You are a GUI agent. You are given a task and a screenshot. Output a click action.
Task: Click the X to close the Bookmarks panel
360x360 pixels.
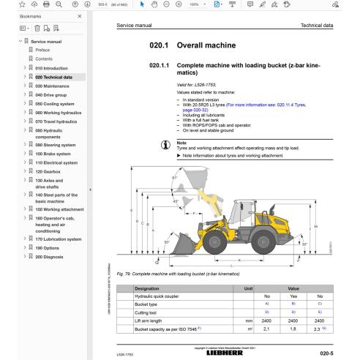(80, 15)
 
